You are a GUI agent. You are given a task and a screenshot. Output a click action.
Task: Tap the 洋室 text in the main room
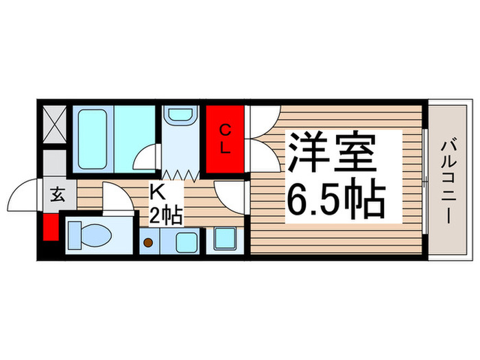coord(332,154)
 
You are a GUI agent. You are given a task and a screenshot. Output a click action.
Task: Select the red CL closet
coord(224,139)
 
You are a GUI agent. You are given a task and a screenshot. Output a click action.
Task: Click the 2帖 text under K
coord(165,217)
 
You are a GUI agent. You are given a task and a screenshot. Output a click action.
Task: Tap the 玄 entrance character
coord(58,194)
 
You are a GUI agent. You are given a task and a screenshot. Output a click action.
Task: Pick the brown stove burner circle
coord(148,242)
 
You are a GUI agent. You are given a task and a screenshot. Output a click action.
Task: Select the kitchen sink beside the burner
coord(183,241)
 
